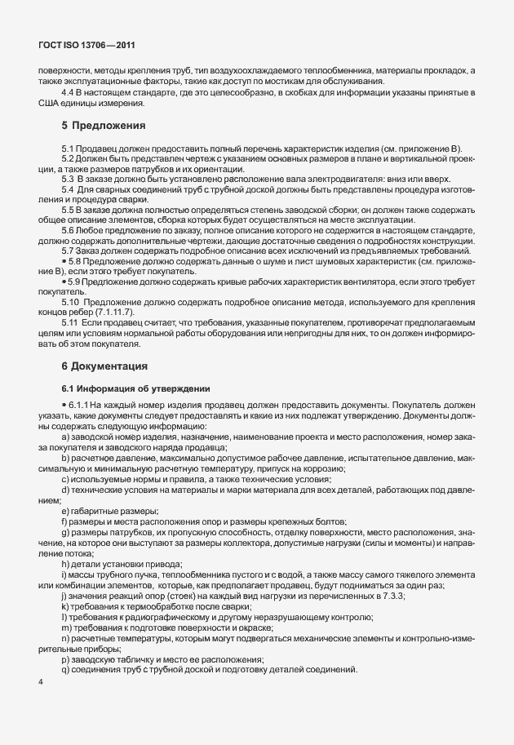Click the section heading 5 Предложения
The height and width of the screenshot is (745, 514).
tap(103, 126)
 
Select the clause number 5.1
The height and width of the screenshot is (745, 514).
tap(69, 148)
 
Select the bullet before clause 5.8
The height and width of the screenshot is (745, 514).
tap(63, 259)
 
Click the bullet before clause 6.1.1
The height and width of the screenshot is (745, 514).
tap(63, 405)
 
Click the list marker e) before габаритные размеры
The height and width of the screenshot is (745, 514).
tap(64, 511)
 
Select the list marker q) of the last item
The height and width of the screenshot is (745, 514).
tap(64, 670)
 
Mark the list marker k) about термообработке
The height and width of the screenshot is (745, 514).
tap(64, 608)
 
